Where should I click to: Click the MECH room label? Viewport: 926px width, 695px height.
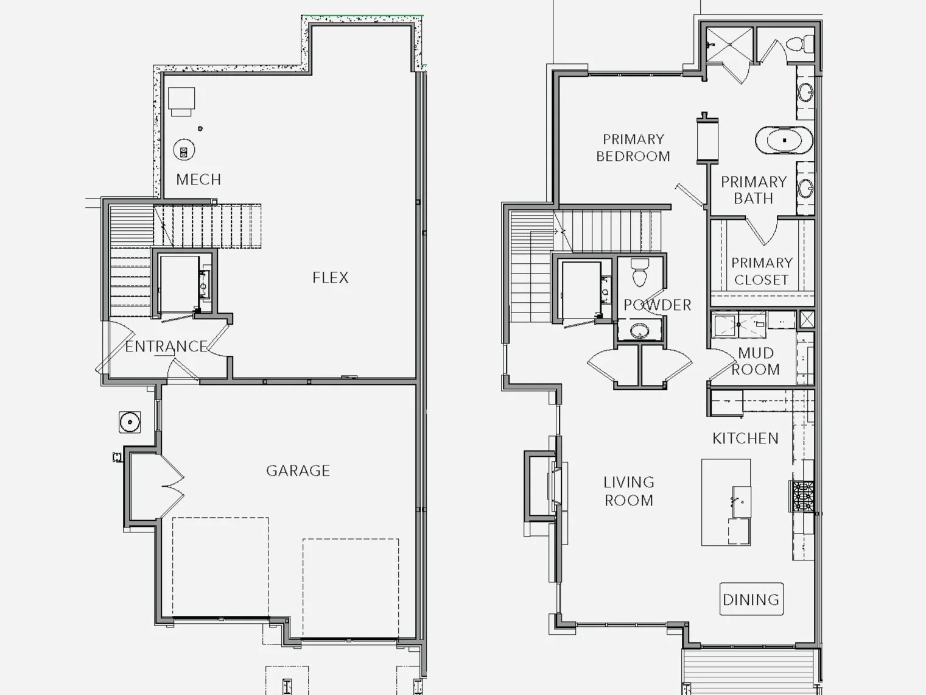click(x=198, y=179)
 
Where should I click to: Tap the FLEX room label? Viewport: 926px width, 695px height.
click(x=331, y=278)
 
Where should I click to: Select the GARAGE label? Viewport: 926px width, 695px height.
click(x=298, y=470)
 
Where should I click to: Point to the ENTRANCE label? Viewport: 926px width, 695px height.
click(x=166, y=347)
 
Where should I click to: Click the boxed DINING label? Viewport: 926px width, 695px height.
click(x=751, y=599)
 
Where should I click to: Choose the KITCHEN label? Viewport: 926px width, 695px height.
click(x=745, y=439)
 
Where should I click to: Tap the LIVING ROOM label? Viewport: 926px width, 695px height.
click(x=629, y=491)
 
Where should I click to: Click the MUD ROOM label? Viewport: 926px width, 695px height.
click(x=756, y=361)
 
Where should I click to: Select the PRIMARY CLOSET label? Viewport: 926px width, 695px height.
click(x=762, y=271)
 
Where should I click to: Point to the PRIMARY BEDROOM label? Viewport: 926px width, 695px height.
click(x=633, y=148)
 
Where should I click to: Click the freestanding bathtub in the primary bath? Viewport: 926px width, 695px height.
click(x=784, y=140)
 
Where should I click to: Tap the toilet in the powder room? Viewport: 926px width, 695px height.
click(x=639, y=272)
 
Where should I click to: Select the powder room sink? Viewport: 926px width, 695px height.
click(x=639, y=331)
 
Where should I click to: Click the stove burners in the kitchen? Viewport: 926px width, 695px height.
click(x=802, y=496)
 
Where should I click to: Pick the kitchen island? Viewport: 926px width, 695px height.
click(x=726, y=502)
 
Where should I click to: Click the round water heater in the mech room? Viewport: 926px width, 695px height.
click(x=184, y=150)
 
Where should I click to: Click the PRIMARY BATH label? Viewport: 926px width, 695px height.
click(x=754, y=190)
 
